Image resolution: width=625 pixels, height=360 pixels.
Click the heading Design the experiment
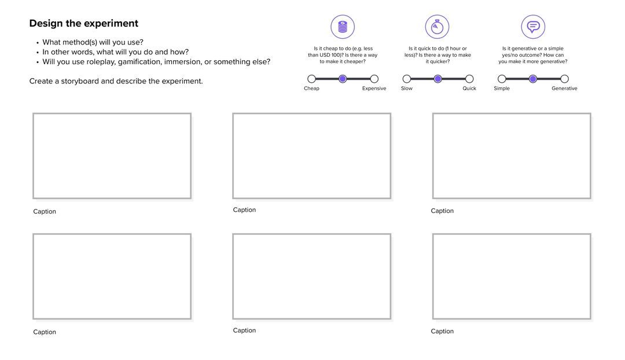coord(84,24)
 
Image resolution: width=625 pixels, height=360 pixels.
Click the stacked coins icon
coord(343,27)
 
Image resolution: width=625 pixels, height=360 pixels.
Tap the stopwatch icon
coord(437,27)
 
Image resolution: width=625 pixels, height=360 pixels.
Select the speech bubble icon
coord(533,27)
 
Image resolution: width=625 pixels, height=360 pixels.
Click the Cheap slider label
coord(311,89)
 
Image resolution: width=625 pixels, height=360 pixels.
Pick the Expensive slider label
coord(374,89)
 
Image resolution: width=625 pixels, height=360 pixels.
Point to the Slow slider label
coord(407,89)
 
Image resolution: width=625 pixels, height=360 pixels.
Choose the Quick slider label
coord(469,89)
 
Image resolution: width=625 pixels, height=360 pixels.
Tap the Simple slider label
coord(502,89)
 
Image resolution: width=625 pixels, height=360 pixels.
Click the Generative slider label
coord(564,89)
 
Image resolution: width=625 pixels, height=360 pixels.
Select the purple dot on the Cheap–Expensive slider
coord(343,79)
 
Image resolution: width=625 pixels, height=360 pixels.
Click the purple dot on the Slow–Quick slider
coord(438,79)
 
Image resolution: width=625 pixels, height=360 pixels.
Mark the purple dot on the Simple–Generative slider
coord(533,79)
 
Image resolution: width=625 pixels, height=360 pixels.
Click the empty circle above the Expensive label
coord(374,79)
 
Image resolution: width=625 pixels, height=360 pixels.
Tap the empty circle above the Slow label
coord(407,79)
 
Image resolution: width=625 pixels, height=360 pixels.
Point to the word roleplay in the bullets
coord(102,62)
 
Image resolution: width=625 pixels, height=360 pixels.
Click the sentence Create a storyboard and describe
coord(116,81)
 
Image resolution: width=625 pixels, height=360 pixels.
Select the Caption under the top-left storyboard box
coord(45,212)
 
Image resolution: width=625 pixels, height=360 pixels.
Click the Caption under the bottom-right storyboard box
coord(442,332)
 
